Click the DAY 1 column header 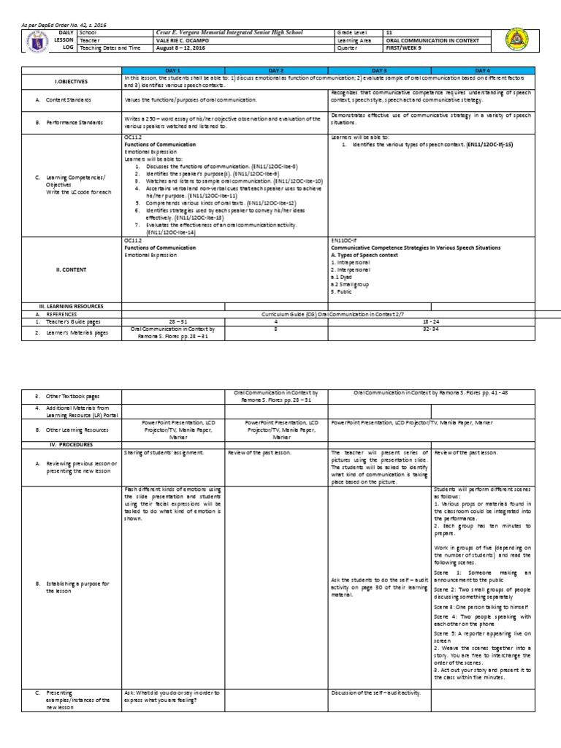click(x=174, y=69)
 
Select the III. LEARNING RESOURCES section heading click(x=71, y=306)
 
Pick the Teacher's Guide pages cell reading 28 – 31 click(x=174, y=321)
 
